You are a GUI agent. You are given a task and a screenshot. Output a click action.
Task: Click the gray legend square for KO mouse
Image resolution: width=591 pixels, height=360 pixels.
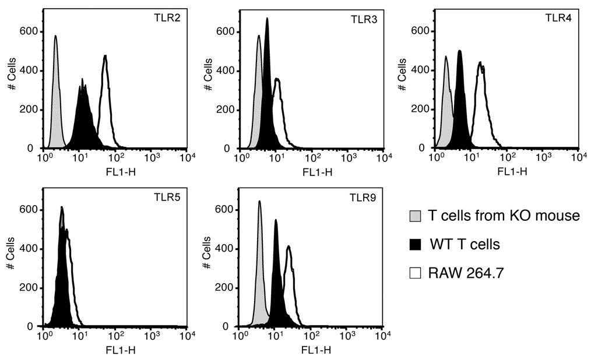416,216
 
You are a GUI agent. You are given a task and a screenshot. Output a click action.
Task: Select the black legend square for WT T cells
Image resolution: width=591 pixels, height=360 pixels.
416,244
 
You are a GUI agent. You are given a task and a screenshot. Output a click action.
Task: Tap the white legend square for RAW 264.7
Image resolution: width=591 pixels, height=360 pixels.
416,272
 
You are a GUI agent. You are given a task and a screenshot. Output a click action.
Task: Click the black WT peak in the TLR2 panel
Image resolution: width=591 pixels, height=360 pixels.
83,122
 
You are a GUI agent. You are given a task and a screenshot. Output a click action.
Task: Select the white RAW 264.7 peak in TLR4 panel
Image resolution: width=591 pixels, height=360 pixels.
481,105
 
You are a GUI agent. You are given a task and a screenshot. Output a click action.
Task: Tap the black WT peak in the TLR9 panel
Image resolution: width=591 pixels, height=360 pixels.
276,280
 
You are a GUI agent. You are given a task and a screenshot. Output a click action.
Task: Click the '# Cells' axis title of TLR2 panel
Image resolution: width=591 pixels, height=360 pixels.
10,79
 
